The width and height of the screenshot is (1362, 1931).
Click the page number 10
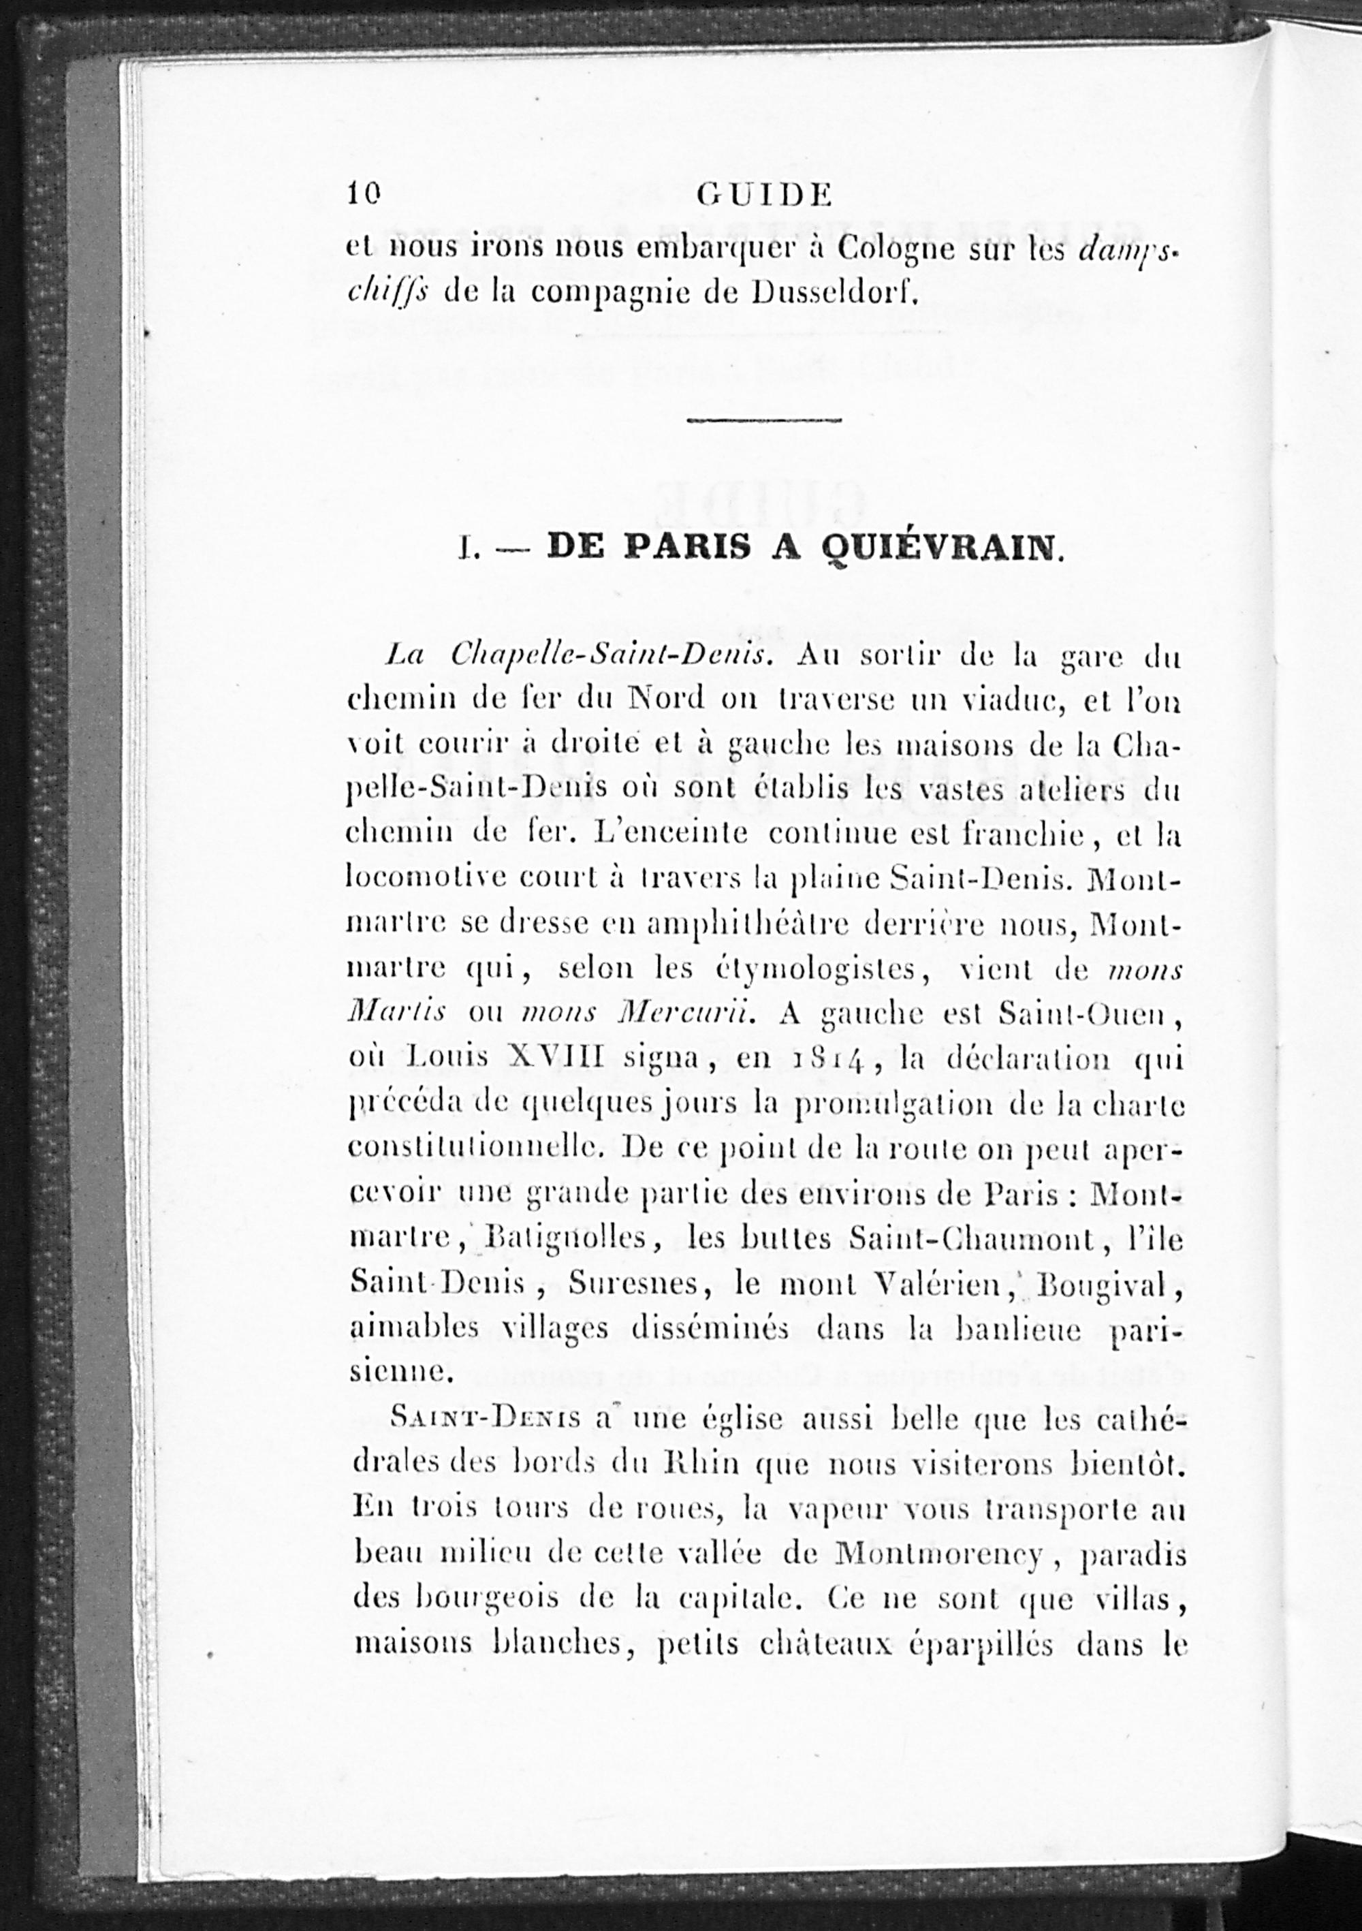click(364, 194)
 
